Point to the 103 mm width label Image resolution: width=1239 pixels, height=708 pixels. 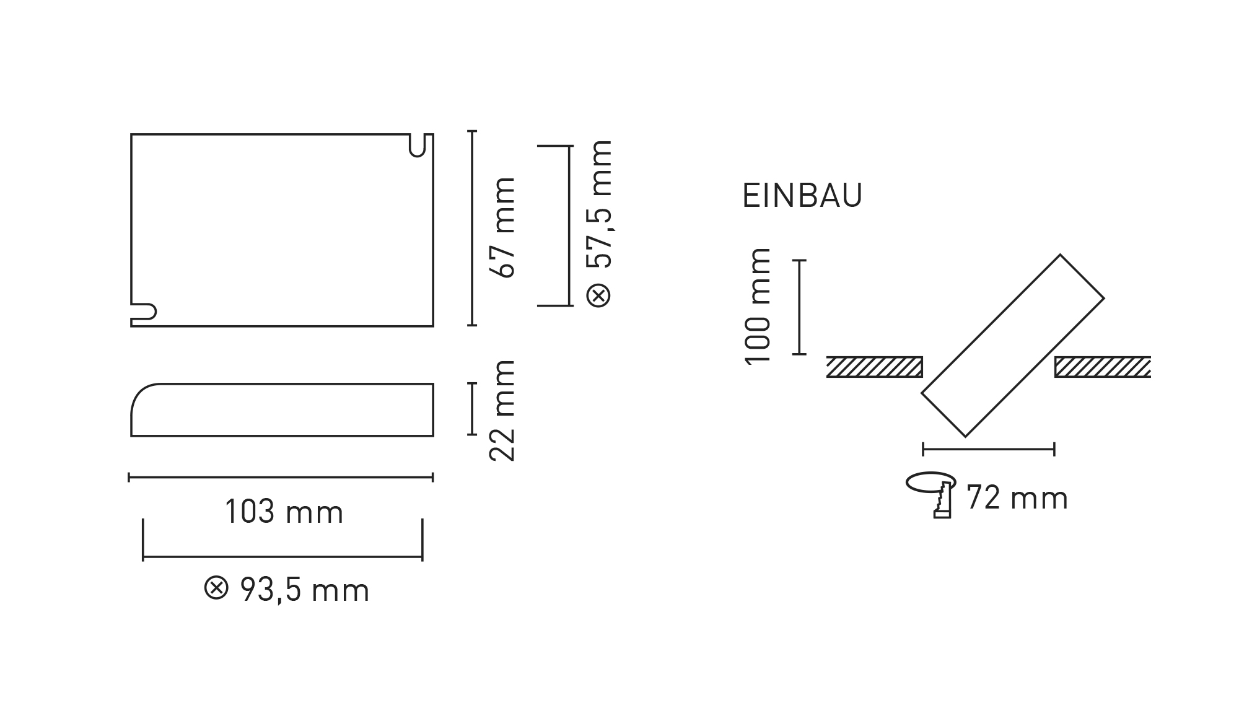[284, 512]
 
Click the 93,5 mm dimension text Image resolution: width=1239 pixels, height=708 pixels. [304, 590]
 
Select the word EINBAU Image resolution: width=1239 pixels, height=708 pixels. [802, 196]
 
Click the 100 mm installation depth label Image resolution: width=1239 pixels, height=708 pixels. [758, 306]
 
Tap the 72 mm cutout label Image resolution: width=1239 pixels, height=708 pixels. [1017, 499]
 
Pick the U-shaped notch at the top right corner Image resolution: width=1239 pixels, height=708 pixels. [418, 145]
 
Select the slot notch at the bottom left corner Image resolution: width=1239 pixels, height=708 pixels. [144, 312]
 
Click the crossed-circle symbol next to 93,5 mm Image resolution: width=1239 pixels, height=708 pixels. [216, 588]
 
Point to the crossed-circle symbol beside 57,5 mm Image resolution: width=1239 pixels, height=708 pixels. [599, 294]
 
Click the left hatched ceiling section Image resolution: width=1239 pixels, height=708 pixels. [874, 367]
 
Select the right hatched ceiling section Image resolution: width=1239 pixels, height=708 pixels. [1102, 367]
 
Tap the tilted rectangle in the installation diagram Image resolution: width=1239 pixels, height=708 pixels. [1012, 346]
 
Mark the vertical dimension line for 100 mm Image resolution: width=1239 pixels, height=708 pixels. [800, 307]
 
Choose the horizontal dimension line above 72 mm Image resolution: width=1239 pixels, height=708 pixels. [988, 448]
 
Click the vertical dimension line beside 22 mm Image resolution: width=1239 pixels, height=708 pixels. [472, 409]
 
